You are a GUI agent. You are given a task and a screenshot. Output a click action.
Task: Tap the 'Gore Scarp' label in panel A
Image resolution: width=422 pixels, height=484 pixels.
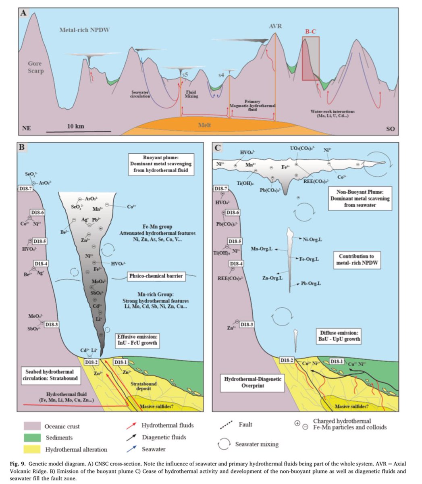[35, 67]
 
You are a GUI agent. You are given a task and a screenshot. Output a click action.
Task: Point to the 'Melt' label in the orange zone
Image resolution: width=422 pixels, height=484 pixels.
[204, 125]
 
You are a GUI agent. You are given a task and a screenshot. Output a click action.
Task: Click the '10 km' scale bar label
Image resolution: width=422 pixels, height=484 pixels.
[75, 126]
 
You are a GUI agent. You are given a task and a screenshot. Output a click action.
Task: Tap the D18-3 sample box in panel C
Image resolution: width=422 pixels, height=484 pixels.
[247, 324]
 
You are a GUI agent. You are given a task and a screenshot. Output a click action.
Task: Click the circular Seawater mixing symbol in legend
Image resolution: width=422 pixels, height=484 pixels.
[225, 444]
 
